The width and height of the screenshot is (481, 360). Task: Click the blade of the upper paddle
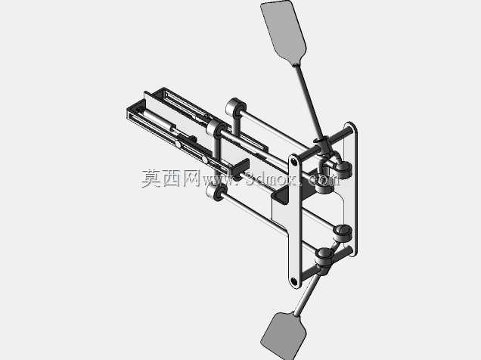[284, 33]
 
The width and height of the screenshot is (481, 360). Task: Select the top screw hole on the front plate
[294, 161]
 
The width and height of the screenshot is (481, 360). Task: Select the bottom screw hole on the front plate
[294, 280]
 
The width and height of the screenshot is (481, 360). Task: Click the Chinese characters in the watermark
[171, 178]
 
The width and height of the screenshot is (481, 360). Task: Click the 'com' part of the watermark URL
[324, 180]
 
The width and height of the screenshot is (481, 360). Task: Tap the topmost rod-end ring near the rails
[236, 107]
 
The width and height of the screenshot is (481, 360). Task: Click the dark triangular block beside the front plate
[281, 195]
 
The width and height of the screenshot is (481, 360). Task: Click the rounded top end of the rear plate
[350, 126]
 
